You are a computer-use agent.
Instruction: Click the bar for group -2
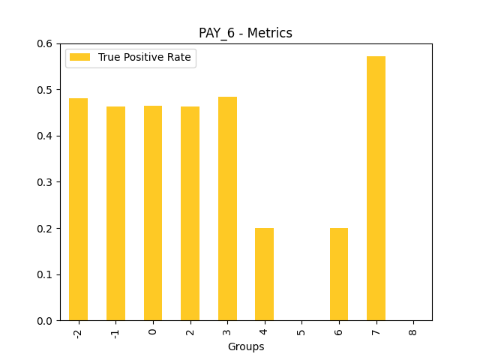pyautogui.click(x=78, y=209)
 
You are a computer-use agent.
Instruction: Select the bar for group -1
pyautogui.click(x=115, y=214)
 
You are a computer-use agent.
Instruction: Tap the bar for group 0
pyautogui.click(x=153, y=213)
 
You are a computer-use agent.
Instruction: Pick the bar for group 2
pyautogui.click(x=190, y=214)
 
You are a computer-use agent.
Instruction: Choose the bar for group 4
pyautogui.click(x=264, y=274)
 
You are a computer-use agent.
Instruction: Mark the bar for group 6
pyautogui.click(x=339, y=274)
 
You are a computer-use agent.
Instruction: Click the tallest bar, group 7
pyautogui.click(x=376, y=188)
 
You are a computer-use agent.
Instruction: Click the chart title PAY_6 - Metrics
pyautogui.click(x=245, y=33)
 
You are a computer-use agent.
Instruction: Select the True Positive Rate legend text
pyautogui.click(x=145, y=57)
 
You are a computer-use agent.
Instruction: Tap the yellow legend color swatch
pyautogui.click(x=80, y=57)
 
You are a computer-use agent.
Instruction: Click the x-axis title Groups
pyautogui.click(x=245, y=347)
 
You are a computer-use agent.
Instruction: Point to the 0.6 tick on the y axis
pyautogui.click(x=44, y=43)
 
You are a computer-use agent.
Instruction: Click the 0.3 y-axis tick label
pyautogui.click(x=44, y=182)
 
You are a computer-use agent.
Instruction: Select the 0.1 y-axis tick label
pyautogui.click(x=44, y=274)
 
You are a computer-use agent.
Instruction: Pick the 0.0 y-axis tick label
pyautogui.click(x=44, y=321)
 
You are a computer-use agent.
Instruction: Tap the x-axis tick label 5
pyautogui.click(x=301, y=330)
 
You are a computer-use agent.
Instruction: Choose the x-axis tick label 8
pyautogui.click(x=413, y=330)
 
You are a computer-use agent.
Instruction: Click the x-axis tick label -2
pyautogui.click(x=78, y=332)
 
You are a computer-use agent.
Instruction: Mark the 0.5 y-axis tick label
pyautogui.click(x=44, y=90)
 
